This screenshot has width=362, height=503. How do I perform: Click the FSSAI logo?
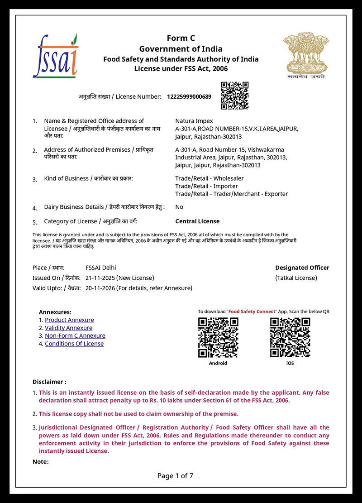[55, 56]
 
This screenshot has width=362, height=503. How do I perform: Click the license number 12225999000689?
[189, 96]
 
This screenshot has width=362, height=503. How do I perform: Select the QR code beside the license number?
[234, 96]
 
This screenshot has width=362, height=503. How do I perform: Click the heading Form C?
[181, 38]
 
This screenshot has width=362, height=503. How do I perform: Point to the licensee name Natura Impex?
[194, 121]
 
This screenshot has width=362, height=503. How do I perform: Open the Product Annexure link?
[69, 320]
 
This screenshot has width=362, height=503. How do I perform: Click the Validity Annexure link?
[68, 328]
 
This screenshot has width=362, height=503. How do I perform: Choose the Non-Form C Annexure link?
[75, 335]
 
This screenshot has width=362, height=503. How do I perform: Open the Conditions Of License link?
[74, 344]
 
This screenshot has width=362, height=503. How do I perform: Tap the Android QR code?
[218, 337]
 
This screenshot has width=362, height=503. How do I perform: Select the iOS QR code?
[290, 337]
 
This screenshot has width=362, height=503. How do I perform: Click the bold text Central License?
[197, 221]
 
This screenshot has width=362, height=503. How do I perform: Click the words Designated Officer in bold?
[302, 268]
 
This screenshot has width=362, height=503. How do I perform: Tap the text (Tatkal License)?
[296, 278]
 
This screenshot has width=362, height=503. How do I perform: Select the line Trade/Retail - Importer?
[206, 186]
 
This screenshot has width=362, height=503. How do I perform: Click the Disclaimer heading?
[49, 382]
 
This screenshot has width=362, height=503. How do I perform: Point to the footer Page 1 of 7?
[175, 475]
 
